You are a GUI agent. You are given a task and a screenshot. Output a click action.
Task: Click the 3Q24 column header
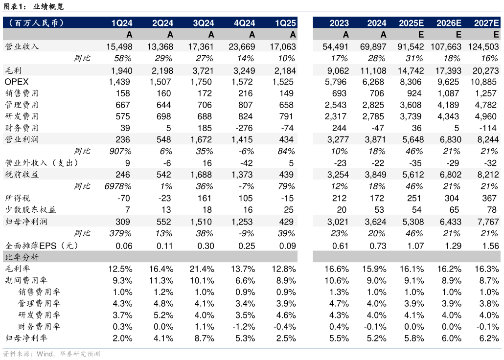tap(203, 23)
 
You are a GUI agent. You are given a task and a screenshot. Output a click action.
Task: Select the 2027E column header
tap(486, 23)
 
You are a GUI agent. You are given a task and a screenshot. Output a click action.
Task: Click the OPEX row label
tap(17, 82)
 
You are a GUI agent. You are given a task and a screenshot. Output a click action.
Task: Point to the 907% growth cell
tap(120, 151)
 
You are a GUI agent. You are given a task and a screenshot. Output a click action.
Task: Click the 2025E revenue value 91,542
tap(411, 46)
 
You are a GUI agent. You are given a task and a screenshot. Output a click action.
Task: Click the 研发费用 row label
tap(22, 116)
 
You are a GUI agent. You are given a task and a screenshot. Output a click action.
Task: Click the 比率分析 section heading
tap(22, 257)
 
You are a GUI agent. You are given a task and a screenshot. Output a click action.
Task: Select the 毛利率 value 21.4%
tap(203, 269)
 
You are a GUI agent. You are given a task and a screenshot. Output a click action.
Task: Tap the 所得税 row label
tap(17, 198)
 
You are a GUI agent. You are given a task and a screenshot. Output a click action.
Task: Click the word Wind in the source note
tap(45, 354)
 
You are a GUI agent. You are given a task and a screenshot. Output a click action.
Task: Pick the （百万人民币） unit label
tap(36, 23)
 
